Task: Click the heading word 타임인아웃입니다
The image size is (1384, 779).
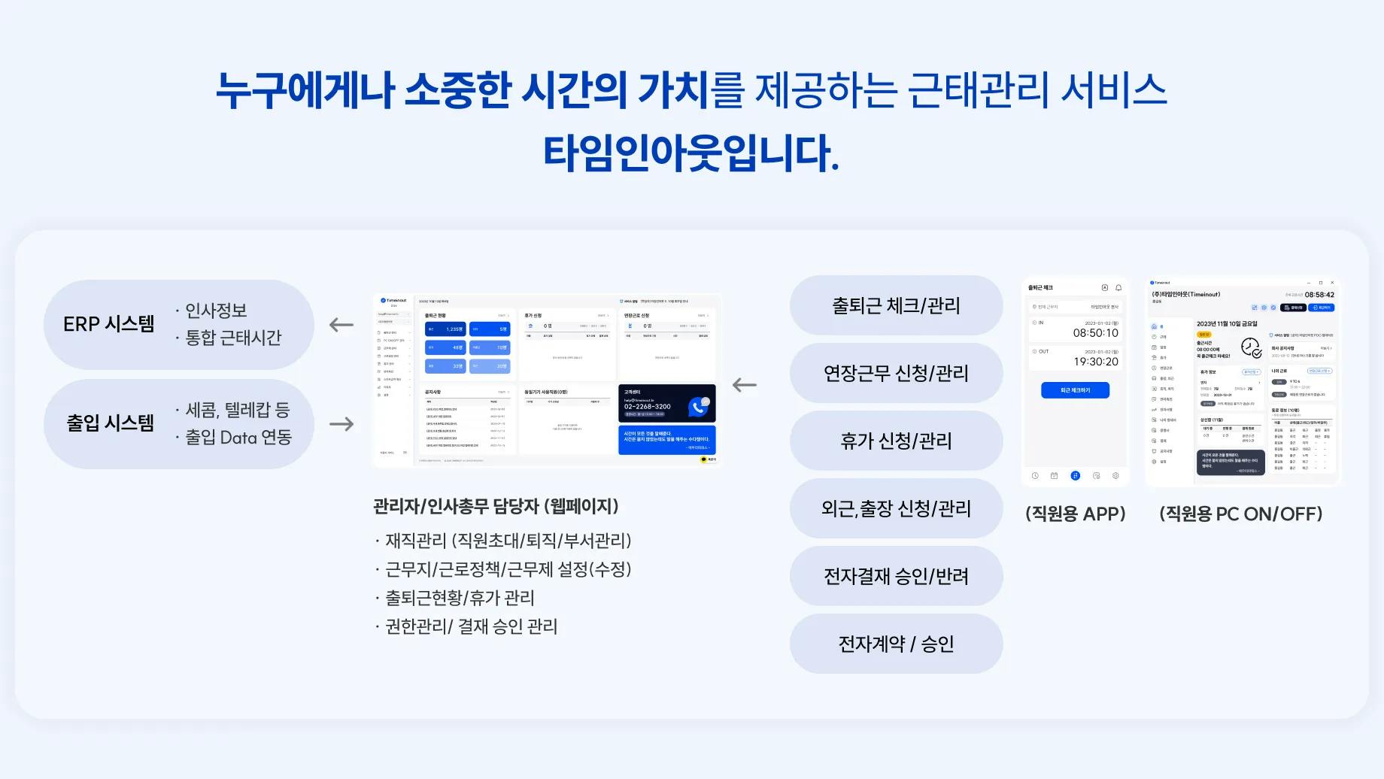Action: coord(690,153)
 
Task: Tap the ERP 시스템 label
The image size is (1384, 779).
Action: coord(109,324)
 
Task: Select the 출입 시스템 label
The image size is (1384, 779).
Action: coord(110,423)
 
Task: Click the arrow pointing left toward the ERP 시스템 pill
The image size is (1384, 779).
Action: coord(341,325)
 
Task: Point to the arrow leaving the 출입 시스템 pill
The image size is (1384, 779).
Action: coord(341,424)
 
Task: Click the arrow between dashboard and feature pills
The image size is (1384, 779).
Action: coord(745,385)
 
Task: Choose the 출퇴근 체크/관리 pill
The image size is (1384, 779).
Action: coord(896,305)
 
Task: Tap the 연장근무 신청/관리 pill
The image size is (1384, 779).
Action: coord(896,373)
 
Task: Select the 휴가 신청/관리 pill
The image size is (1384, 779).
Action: coord(896,441)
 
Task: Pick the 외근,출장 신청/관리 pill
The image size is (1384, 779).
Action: coord(896,508)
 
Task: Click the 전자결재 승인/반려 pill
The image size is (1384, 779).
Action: coord(896,576)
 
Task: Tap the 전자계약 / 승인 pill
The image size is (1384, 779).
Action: coord(896,644)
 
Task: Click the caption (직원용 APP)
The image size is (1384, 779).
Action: coord(1075,514)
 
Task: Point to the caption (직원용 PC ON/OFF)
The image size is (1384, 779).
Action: coord(1241,514)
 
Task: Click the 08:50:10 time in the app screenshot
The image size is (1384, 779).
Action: coord(1095,333)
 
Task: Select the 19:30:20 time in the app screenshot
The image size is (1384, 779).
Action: coord(1095,362)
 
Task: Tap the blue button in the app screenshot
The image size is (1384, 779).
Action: coord(1075,390)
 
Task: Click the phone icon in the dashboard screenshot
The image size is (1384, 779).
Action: coord(699,407)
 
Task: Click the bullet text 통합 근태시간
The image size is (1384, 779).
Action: coord(233,338)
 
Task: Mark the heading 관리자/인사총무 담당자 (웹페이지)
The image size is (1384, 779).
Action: coord(496,506)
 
